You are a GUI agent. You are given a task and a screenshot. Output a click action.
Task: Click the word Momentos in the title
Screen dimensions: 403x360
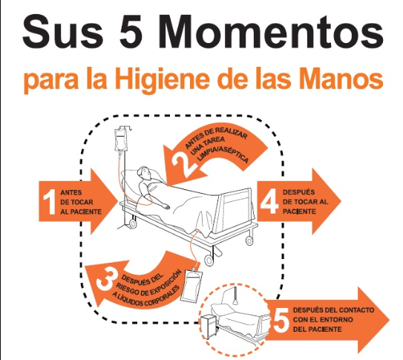click(x=270, y=32)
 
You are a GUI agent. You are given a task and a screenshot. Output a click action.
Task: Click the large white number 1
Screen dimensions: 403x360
click(x=49, y=202)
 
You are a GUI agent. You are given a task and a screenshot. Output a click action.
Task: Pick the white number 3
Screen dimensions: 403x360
click(x=105, y=278)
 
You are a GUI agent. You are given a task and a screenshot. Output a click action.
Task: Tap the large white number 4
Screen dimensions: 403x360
click(x=269, y=201)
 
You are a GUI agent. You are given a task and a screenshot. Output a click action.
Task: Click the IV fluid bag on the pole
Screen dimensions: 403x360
click(x=120, y=140)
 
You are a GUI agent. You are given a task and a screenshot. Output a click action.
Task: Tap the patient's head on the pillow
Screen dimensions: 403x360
click(x=144, y=173)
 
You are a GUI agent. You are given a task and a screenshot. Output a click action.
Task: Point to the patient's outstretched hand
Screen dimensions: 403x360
click(x=165, y=206)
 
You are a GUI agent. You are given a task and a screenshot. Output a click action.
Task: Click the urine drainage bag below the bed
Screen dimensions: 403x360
click(x=191, y=285)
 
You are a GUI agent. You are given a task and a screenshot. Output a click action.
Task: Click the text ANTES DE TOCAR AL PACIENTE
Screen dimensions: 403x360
click(x=81, y=202)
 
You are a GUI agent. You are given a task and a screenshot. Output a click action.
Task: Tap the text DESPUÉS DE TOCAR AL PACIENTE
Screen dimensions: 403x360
click(x=305, y=202)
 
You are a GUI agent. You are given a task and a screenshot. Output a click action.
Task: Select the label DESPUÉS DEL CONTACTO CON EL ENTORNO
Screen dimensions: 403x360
click(x=333, y=315)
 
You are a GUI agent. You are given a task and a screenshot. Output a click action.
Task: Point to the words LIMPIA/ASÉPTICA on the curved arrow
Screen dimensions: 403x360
click(x=223, y=154)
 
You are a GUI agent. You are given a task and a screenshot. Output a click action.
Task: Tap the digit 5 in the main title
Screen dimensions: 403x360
click(x=133, y=32)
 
